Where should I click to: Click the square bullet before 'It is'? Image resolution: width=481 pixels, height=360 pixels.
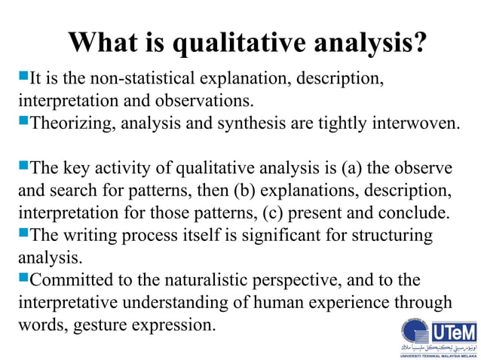point(22,76)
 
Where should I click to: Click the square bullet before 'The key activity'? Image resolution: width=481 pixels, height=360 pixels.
point(22,166)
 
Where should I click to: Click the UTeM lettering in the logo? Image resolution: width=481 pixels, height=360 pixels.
point(453,331)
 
